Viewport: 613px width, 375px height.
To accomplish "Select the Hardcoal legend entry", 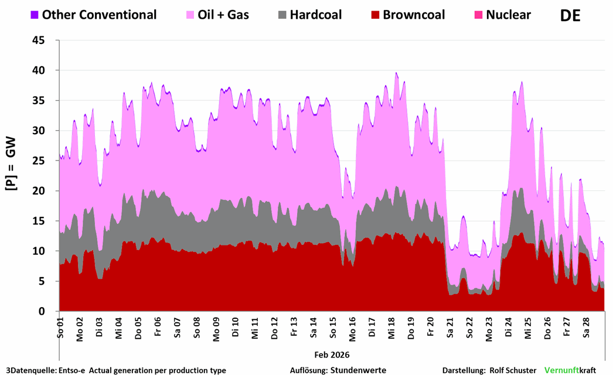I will click(x=315, y=15).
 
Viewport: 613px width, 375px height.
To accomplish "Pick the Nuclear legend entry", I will click(x=508, y=15).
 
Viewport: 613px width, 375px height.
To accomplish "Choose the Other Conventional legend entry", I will click(x=99, y=15).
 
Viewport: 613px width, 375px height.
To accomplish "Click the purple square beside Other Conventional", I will click(x=35, y=15).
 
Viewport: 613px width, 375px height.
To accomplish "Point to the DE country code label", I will click(x=570, y=16).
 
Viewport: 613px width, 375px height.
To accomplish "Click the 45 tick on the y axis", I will click(x=45, y=40).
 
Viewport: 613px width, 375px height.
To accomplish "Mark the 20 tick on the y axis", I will click(x=45, y=191).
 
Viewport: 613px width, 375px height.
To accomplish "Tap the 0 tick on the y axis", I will click(x=49, y=312).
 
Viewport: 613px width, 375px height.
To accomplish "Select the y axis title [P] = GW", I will click(x=11, y=166).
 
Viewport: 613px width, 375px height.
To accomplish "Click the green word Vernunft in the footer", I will click(x=561, y=370).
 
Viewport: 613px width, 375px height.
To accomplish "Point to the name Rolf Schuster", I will click(x=512, y=370).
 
